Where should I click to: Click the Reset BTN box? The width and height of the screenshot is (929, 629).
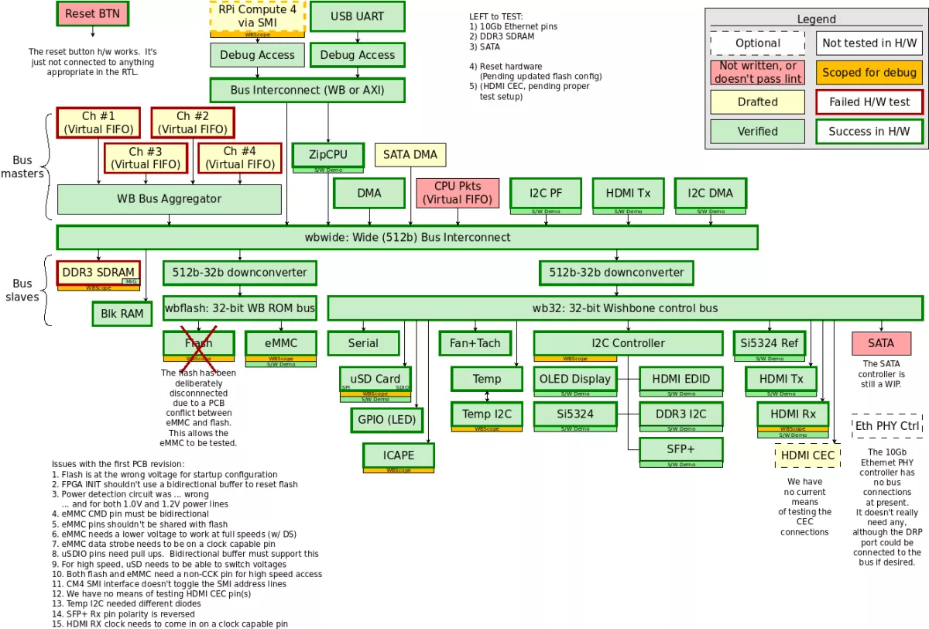click(x=92, y=13)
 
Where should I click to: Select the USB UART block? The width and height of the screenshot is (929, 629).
click(x=357, y=16)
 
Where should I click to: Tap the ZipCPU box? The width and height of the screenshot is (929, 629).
click(x=327, y=155)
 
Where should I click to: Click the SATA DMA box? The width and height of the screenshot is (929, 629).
click(x=410, y=155)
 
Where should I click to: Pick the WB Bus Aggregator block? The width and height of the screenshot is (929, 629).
click(x=169, y=199)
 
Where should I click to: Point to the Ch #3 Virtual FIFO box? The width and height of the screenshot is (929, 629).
click(x=146, y=157)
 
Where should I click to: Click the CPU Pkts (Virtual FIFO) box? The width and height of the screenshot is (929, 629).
click(x=458, y=193)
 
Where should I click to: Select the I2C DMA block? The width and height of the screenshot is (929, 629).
click(x=710, y=193)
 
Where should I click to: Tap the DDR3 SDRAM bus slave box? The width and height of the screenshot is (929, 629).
click(x=98, y=272)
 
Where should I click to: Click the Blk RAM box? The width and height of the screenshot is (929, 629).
click(x=122, y=314)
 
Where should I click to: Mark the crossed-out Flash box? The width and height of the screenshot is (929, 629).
click(x=198, y=343)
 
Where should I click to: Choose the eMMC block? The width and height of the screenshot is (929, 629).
click(x=281, y=343)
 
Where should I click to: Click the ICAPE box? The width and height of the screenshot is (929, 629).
click(x=398, y=455)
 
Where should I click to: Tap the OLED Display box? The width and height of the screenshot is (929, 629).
click(x=575, y=379)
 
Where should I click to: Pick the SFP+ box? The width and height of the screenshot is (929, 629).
click(x=680, y=449)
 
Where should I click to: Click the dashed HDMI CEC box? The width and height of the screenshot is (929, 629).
click(x=807, y=455)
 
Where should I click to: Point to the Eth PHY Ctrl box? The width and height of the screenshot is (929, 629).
click(x=887, y=425)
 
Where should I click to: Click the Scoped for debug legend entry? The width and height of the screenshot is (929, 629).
click(x=869, y=73)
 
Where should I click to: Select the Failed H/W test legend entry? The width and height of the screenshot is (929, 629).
click(x=869, y=102)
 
